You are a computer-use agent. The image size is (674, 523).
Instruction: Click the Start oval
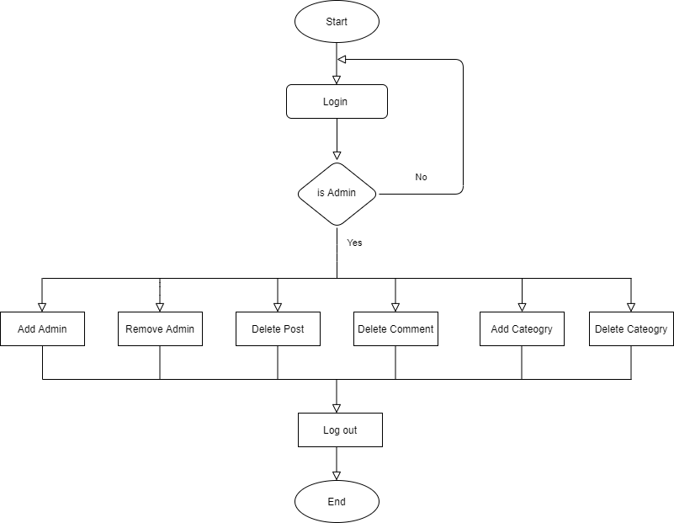click(x=337, y=22)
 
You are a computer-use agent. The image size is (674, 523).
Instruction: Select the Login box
click(x=337, y=101)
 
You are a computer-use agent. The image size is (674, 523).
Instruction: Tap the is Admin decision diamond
click(x=337, y=194)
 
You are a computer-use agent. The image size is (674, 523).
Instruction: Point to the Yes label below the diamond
click(x=354, y=243)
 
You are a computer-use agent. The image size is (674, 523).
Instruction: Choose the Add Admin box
click(x=42, y=328)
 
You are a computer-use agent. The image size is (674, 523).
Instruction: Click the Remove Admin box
click(x=160, y=328)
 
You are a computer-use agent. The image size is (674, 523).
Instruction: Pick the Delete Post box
click(x=278, y=328)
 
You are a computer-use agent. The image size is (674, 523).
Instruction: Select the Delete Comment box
click(x=395, y=328)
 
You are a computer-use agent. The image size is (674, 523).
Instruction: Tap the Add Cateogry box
click(x=522, y=328)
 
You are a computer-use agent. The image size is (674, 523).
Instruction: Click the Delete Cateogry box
click(x=631, y=328)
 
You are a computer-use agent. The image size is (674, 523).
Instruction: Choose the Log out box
click(x=340, y=430)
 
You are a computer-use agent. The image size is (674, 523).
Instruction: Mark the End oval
click(x=337, y=502)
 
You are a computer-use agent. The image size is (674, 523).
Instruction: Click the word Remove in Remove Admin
click(x=144, y=328)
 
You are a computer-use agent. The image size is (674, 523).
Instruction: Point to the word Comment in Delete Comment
click(x=412, y=328)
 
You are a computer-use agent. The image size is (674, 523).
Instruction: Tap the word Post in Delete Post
click(x=294, y=328)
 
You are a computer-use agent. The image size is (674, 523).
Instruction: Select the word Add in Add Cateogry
click(x=501, y=328)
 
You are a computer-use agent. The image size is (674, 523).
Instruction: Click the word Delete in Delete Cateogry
click(x=610, y=328)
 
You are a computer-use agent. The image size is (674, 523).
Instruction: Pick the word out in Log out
click(x=349, y=430)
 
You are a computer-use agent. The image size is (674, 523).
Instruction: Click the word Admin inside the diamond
click(x=342, y=193)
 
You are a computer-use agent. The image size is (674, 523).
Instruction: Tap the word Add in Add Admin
click(x=27, y=328)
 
